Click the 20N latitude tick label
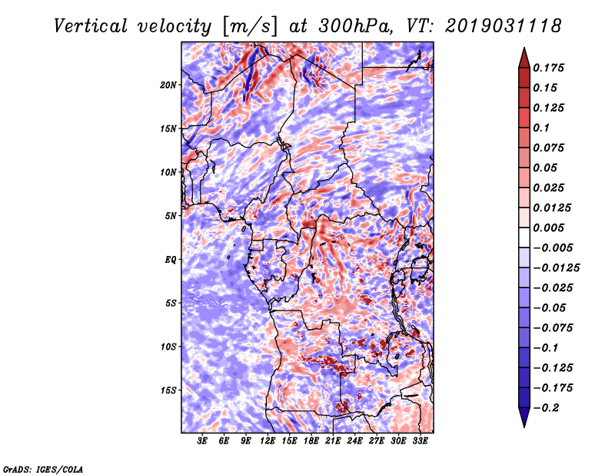coord(168,85)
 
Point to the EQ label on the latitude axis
coord(170,260)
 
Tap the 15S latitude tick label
coord(168,390)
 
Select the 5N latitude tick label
coord(171,216)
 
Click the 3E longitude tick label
coord(202,440)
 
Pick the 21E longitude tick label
coord(333,440)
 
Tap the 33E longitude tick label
coord(420,440)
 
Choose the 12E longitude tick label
coord(268,440)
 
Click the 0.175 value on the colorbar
coord(548,68)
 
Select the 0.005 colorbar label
coord(548,228)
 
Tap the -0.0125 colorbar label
coord(556,268)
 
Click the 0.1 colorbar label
coord(541,128)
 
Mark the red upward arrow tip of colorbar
coord(524,48)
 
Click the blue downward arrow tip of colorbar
coord(524,427)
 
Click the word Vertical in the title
coord(91,26)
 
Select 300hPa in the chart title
coord(355,26)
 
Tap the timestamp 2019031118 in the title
coord(503,26)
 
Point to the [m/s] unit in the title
coord(250,26)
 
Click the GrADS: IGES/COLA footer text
coord(43,470)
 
